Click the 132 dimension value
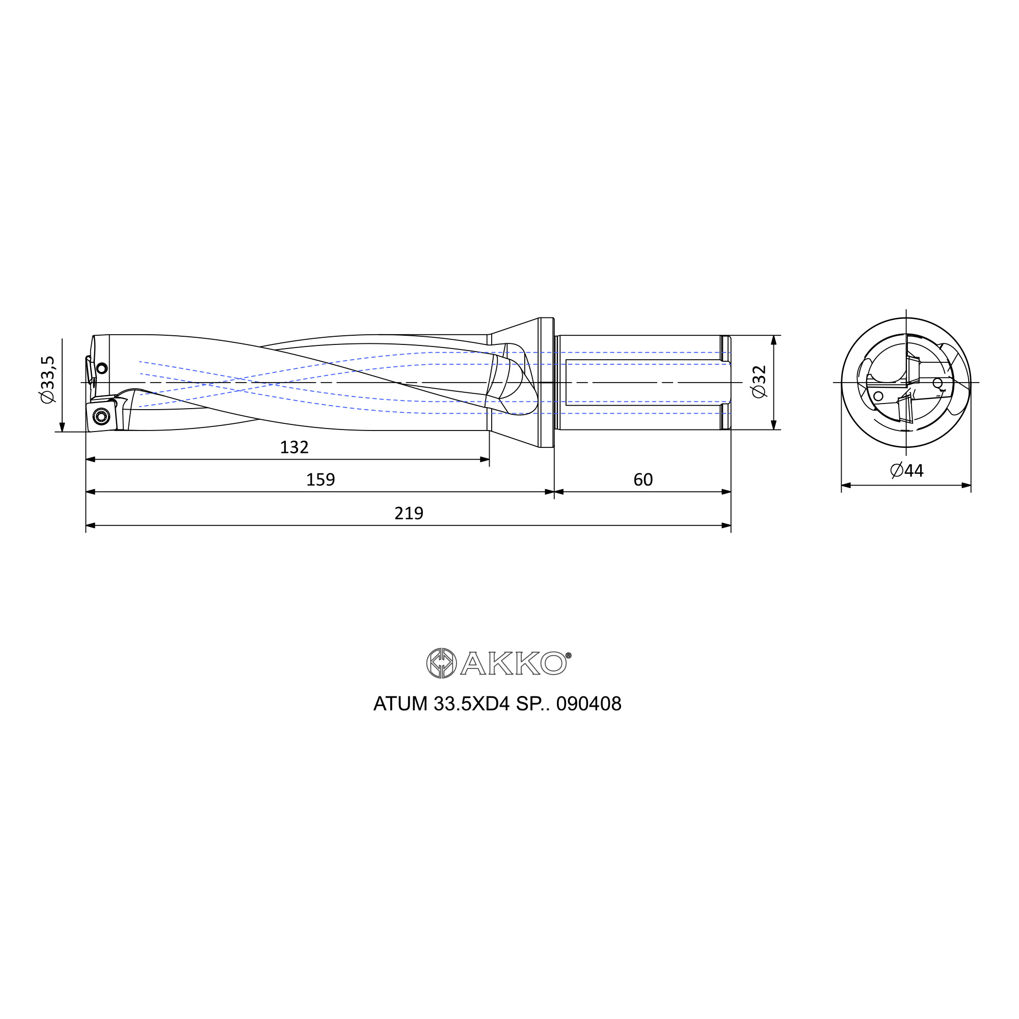click(x=294, y=447)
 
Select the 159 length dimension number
click(x=320, y=479)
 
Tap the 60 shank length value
click(x=643, y=479)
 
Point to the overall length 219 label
click(x=409, y=513)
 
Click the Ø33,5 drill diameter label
click(x=47, y=380)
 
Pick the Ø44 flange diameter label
click(x=907, y=470)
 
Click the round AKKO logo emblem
click(x=441, y=663)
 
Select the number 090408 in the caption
click(x=589, y=704)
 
